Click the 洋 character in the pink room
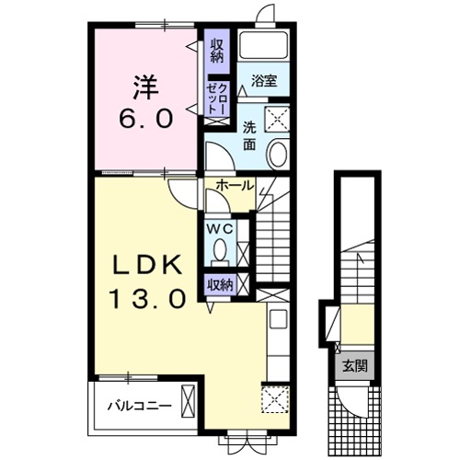(x=145, y=87)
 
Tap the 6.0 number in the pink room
(x=145, y=119)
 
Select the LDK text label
(x=146, y=265)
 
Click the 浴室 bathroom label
(x=264, y=80)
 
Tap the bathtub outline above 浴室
(x=264, y=45)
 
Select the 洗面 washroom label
(x=249, y=136)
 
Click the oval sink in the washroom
(x=278, y=153)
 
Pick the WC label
(x=220, y=229)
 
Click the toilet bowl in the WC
(x=220, y=249)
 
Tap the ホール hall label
(x=236, y=185)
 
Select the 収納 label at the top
(x=217, y=52)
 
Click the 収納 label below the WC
(x=220, y=285)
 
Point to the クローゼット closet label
(x=217, y=98)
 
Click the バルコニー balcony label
(x=139, y=407)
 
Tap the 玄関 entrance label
(x=355, y=366)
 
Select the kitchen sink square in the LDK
(x=278, y=319)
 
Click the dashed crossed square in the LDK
(x=275, y=399)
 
